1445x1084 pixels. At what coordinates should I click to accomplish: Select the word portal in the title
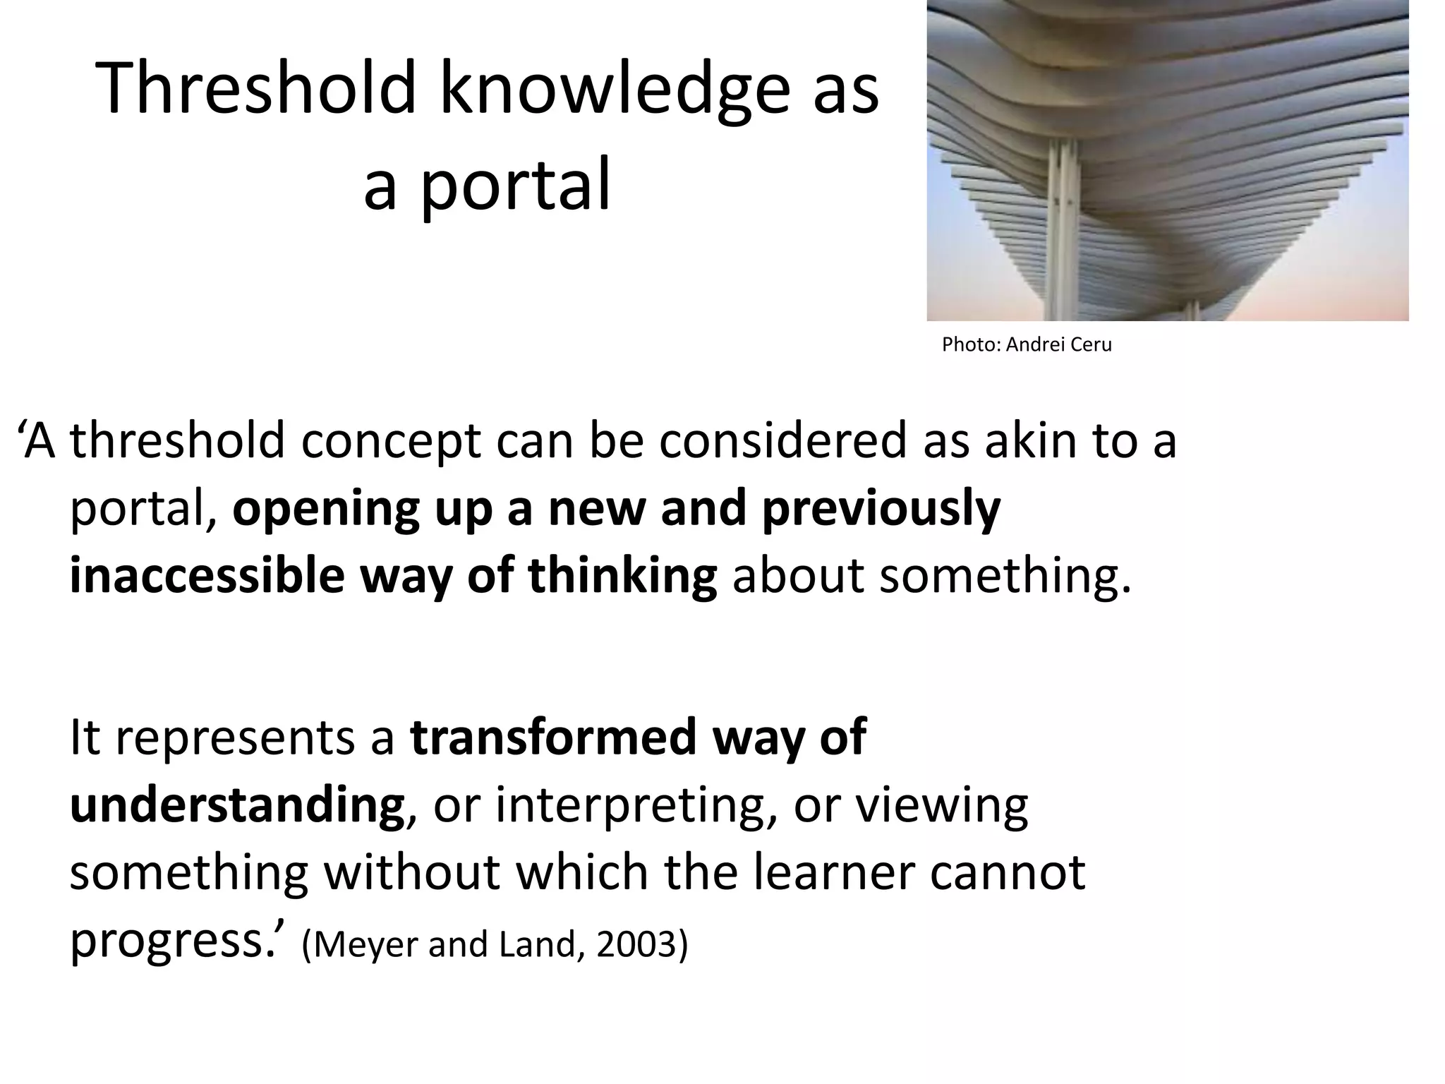514,185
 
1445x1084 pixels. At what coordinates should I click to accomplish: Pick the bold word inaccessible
207,576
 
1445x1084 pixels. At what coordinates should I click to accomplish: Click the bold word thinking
622,576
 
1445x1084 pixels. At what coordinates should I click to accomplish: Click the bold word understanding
237,805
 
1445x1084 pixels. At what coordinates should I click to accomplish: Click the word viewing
942,805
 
